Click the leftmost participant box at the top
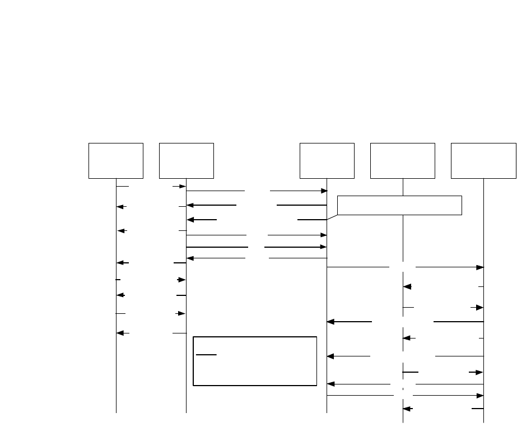pos(116,161)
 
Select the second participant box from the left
pos(186,161)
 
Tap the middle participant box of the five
pos(327,161)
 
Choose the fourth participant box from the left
pos(403,161)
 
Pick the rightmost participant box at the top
pos(483,161)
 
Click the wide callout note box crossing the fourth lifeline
pos(399,205)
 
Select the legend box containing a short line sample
pos(255,361)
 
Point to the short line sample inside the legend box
pos(206,355)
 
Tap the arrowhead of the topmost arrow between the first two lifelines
pos(183,186)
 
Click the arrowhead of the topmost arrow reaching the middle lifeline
pos(324,191)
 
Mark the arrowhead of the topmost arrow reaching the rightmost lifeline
pos(480,267)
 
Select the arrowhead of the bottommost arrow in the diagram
pos(407,409)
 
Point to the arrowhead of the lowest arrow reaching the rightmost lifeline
pos(480,396)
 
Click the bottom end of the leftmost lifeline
pos(116,413)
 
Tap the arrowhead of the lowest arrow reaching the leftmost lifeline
pos(119,333)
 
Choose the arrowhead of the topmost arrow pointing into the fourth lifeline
pos(407,286)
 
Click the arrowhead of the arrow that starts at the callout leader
pos(190,220)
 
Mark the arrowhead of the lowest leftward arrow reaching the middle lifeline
pos(330,384)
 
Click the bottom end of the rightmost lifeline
pos(483,422)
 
